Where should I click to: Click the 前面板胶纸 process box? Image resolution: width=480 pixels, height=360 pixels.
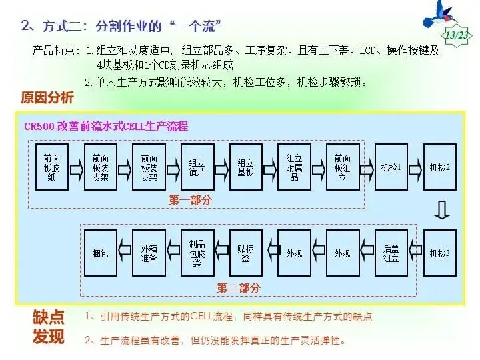point(51,167)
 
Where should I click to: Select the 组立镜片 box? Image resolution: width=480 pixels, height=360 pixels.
point(197,167)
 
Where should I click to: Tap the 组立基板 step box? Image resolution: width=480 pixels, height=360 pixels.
point(245,167)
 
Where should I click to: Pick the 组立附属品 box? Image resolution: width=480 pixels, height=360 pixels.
point(294,167)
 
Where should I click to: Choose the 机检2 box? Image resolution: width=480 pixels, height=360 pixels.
point(440,167)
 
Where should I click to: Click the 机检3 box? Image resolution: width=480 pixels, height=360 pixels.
point(440,253)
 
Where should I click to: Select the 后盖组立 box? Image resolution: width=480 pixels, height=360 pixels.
point(391,253)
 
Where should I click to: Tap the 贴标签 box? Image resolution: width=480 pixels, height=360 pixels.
point(245,253)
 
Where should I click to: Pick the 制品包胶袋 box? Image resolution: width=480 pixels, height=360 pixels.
point(197,253)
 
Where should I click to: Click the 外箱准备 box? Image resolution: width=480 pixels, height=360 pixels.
point(149,253)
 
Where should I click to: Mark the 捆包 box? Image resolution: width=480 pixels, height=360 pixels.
point(100,253)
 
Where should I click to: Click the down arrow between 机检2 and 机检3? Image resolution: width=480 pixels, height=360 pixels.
point(440,210)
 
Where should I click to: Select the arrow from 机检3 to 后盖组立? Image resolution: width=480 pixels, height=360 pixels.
point(415,253)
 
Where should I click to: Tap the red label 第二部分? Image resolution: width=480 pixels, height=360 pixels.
point(238,288)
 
